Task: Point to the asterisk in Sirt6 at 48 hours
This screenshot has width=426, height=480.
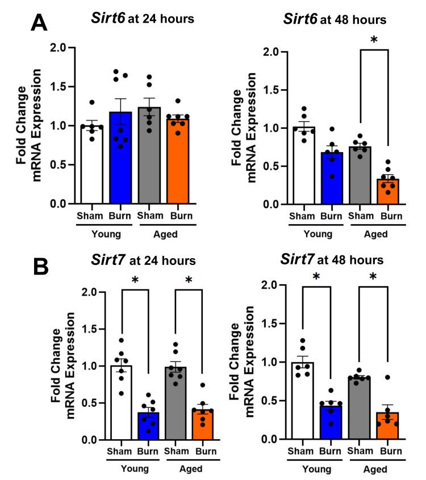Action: pyautogui.click(x=373, y=40)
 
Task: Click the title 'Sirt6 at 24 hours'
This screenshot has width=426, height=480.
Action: pyautogui.click(x=142, y=19)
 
